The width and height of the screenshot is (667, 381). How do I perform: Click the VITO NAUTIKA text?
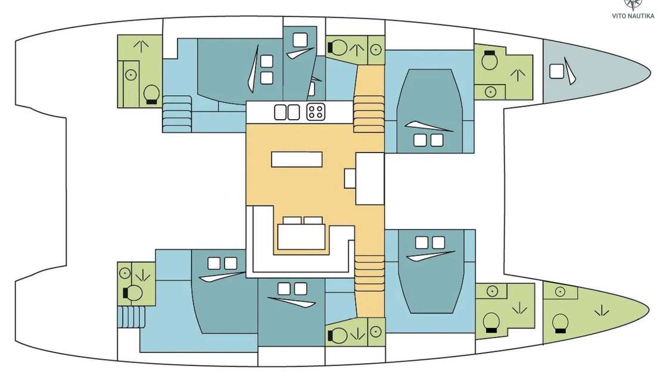(x=633, y=16)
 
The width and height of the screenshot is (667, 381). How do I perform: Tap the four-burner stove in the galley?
(x=316, y=112)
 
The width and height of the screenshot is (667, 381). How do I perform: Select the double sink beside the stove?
(x=286, y=113)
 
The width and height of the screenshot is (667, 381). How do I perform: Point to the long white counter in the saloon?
(x=297, y=160)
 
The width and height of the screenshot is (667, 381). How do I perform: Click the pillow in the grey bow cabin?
(x=556, y=71)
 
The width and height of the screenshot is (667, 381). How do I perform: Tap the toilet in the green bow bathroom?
(x=560, y=324)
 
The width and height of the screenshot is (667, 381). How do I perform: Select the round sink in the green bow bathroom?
(x=560, y=292)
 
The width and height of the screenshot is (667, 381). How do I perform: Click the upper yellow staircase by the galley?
(x=369, y=114)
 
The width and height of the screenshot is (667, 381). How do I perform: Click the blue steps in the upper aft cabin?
(x=177, y=114)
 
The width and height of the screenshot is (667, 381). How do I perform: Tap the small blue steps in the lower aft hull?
(x=132, y=317)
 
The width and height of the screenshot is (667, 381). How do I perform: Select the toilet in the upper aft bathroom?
(x=151, y=95)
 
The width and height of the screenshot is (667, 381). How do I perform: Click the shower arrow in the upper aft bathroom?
(x=141, y=46)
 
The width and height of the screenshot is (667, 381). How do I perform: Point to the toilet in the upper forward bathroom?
(x=489, y=60)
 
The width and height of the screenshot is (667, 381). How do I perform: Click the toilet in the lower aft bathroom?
(x=133, y=292)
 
